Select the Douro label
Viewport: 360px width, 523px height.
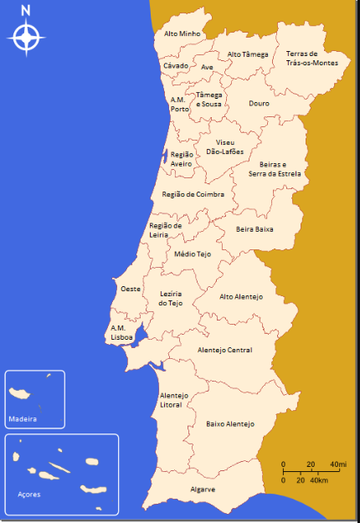259,104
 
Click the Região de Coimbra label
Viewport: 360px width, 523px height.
193,193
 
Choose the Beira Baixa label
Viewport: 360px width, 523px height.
255,228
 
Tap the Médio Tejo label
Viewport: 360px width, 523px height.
193,254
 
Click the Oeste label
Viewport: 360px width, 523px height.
130,288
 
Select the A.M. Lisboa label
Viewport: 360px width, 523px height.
121,332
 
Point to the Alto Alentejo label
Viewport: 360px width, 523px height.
241,297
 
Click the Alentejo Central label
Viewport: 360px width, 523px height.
224,350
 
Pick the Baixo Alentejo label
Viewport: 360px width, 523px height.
229,424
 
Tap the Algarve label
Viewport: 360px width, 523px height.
203,489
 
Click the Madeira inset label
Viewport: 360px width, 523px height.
23,418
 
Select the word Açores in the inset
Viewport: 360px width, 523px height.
28,495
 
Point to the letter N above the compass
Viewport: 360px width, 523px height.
26,10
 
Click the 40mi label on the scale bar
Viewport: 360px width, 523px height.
338,464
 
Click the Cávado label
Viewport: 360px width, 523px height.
176,65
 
